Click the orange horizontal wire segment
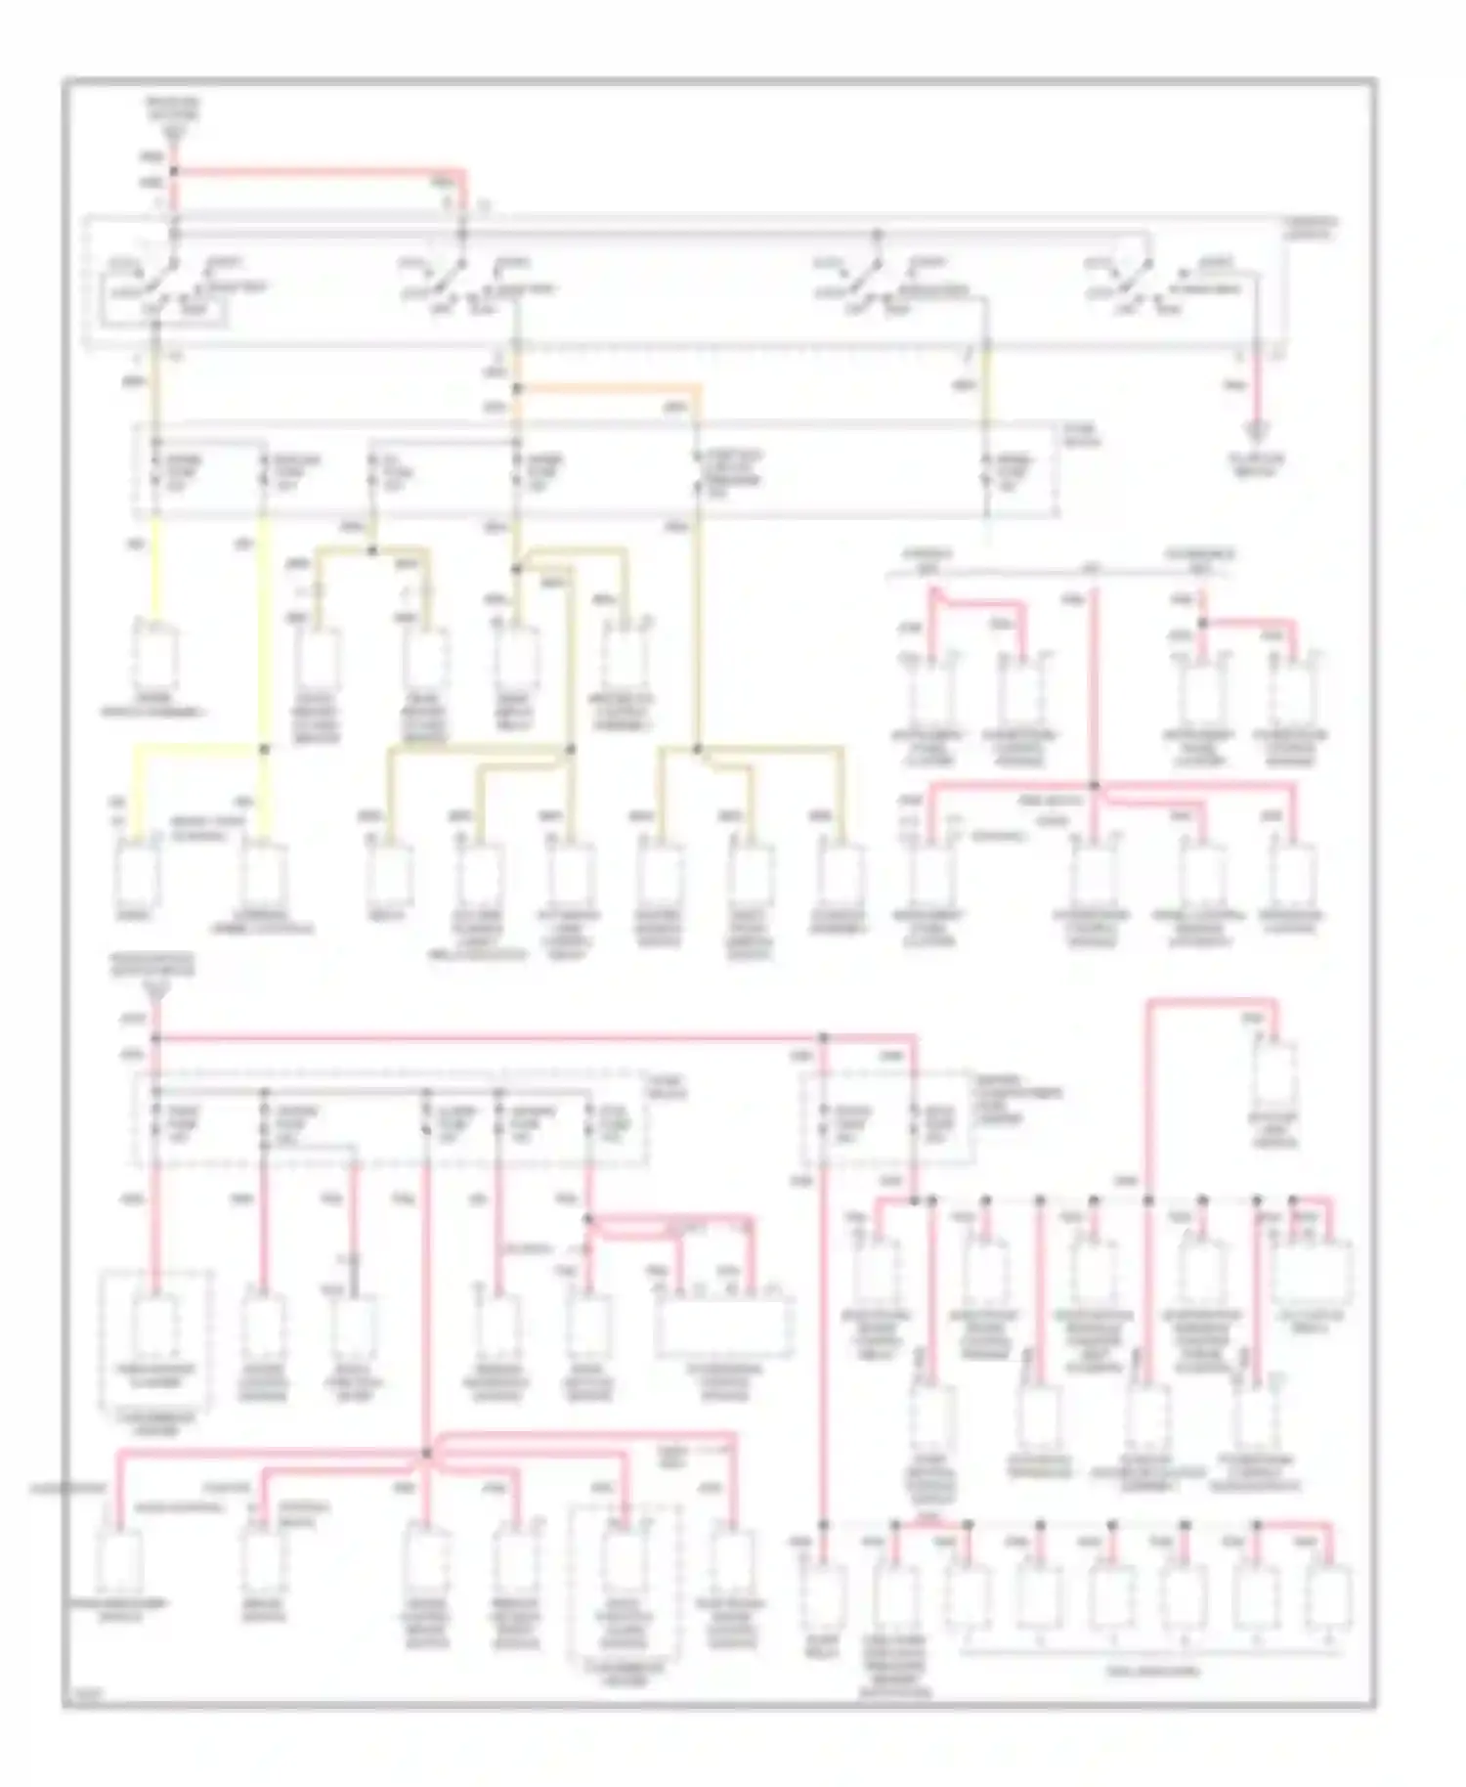pos(606,387)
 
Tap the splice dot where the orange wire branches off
pos(517,388)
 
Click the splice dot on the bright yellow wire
pos(264,749)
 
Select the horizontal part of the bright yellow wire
pos(195,749)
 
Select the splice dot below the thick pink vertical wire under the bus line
pos(1094,785)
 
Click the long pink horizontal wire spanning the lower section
pos(489,1036)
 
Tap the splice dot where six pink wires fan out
pos(426,1454)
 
